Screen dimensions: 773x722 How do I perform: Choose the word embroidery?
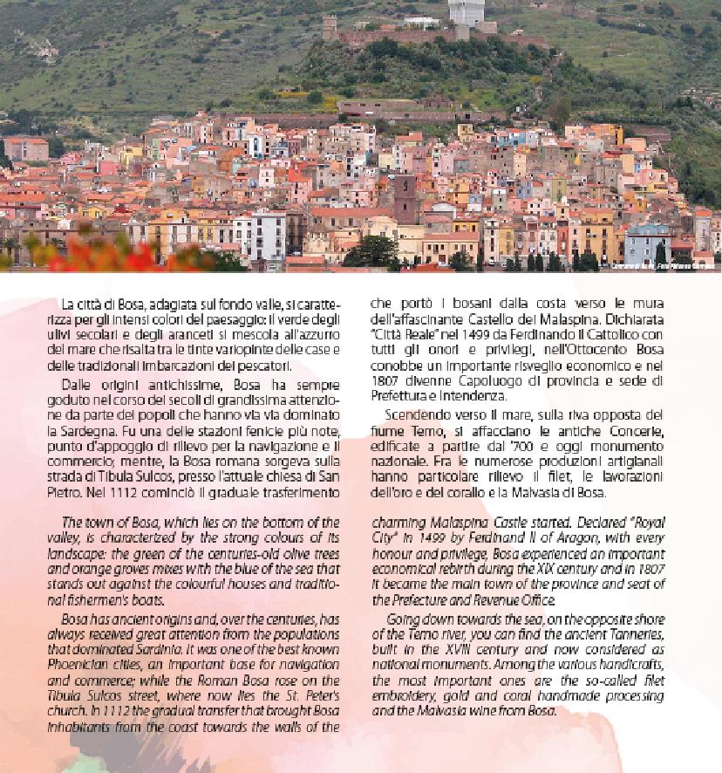pos(411,695)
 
